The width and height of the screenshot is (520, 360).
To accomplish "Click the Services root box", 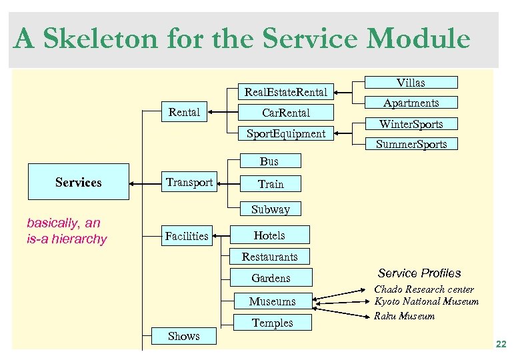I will click(x=78, y=182).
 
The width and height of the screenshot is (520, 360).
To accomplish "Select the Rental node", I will click(x=184, y=112).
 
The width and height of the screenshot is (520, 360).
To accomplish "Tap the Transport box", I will click(x=189, y=182).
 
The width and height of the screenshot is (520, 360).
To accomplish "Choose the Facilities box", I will click(x=187, y=235).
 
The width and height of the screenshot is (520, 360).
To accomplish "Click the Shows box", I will click(x=184, y=336).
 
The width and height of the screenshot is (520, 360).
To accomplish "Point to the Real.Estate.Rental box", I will click(x=285, y=92).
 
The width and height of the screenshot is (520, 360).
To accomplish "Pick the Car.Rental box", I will click(x=285, y=113).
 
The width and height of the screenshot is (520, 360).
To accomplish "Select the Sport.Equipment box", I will click(x=285, y=133).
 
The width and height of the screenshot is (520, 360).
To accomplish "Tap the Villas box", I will click(x=411, y=83).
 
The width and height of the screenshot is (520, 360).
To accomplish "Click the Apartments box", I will click(x=411, y=103).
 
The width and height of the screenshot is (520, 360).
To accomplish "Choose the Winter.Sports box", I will click(x=411, y=124).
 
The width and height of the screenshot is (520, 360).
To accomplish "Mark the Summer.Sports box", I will click(x=411, y=144).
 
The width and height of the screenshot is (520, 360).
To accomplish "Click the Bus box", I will click(x=269, y=161).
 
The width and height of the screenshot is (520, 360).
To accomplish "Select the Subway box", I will click(x=270, y=209).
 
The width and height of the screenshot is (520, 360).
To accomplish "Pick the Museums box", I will click(x=272, y=301).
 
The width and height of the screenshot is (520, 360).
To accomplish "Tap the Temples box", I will click(x=272, y=323).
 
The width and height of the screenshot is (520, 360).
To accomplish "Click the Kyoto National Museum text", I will click(x=426, y=302).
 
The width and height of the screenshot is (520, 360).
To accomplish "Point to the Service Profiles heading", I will click(x=419, y=273).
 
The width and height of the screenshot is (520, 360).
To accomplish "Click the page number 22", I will click(x=501, y=343).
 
